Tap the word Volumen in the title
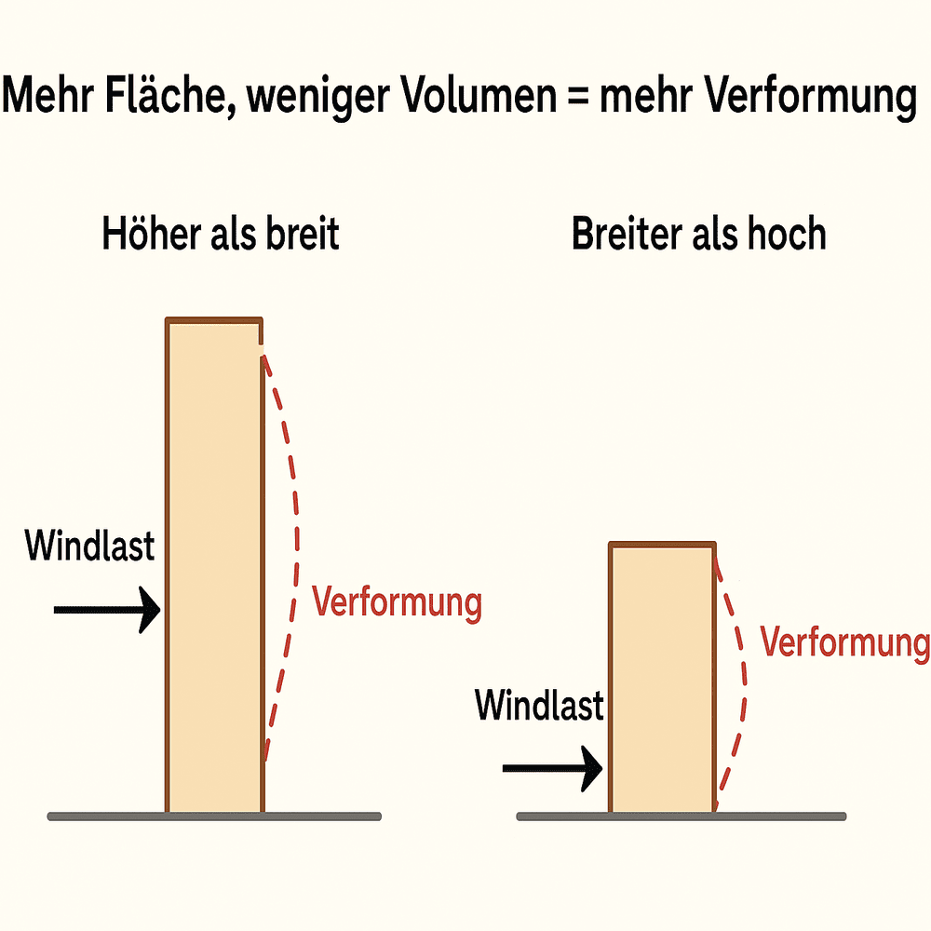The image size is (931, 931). (x=474, y=98)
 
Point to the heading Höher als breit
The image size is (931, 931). (x=220, y=235)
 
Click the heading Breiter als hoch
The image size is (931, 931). (x=698, y=235)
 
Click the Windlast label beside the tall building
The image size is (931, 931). (x=89, y=546)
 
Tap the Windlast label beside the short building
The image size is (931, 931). (x=539, y=705)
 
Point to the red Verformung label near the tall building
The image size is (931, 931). (x=397, y=602)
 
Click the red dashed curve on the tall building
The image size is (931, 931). (x=297, y=521)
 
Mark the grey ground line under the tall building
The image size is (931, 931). (x=214, y=816)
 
